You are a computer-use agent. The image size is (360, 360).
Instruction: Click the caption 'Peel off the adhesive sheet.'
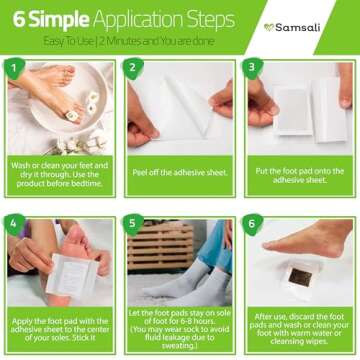click(x=180, y=172)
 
